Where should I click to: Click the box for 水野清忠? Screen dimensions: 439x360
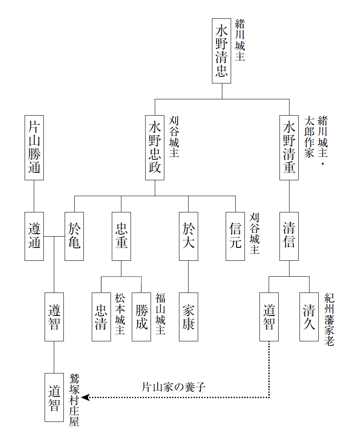[x=221, y=51]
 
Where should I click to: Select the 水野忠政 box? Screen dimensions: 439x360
[x=155, y=148]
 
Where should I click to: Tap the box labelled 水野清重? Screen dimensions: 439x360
[x=289, y=148]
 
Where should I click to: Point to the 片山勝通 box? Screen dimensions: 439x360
[x=34, y=148]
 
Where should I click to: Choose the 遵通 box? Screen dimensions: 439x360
[x=34, y=236]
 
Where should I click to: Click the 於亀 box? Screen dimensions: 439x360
[x=74, y=236]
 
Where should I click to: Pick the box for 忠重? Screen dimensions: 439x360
[x=121, y=236]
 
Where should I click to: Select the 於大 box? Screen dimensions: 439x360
[x=188, y=236]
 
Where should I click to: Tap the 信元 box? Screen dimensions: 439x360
[x=235, y=236]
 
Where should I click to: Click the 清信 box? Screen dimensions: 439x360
[x=289, y=236]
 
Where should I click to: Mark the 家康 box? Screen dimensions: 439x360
[x=188, y=317]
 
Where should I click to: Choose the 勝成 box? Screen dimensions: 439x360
[x=141, y=317]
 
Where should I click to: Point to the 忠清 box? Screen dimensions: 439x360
[x=101, y=317]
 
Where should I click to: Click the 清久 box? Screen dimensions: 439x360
[x=309, y=317]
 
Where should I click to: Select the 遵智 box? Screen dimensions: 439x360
[x=54, y=317]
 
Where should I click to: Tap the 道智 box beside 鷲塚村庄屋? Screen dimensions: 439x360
[x=54, y=397]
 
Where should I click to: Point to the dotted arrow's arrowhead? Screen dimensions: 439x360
[x=85, y=397]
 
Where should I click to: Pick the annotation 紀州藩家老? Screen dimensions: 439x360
[x=329, y=320]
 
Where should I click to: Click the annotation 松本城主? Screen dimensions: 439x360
[x=120, y=314]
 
